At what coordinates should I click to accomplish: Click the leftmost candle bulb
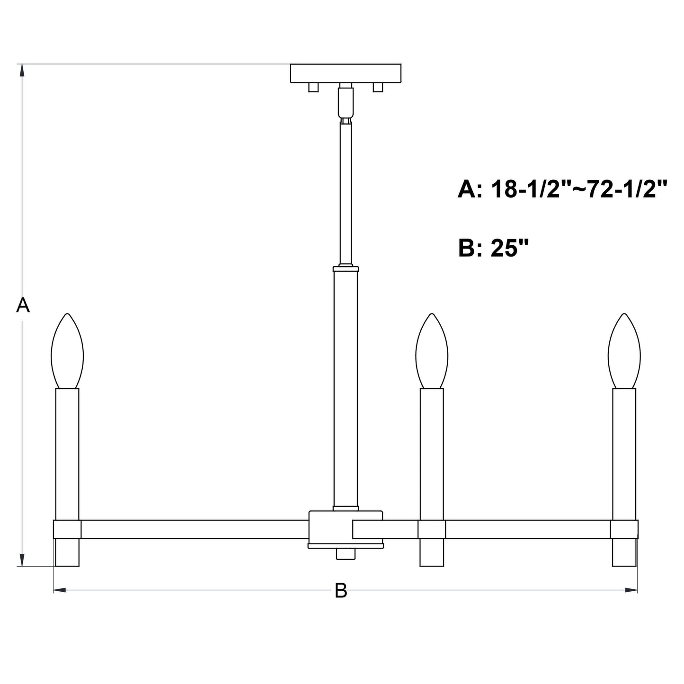coord(67,351)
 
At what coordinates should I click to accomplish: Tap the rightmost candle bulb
coord(624,351)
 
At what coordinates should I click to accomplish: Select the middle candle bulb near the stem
coord(432,351)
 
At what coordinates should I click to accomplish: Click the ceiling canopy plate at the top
coord(346,73)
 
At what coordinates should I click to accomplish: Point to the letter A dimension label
coord(23,305)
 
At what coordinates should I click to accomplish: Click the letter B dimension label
coord(341,591)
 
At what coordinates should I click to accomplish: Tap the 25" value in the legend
coord(509,248)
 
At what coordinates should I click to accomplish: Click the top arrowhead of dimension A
coord(22,70)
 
